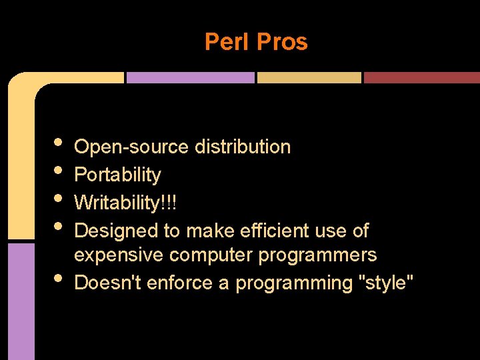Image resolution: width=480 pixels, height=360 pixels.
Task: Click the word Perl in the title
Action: coord(227,42)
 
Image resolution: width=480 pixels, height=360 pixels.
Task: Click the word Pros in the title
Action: coord(282,42)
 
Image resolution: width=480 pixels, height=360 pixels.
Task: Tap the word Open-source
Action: coord(131,147)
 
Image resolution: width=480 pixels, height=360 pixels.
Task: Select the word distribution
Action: coord(242,147)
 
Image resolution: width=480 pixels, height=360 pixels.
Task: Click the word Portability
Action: coord(117,175)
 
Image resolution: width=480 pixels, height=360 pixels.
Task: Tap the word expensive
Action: coord(119,255)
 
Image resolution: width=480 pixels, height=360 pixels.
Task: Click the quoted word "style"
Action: coord(386,283)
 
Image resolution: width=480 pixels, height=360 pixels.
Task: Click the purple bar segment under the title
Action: coord(190,77)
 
